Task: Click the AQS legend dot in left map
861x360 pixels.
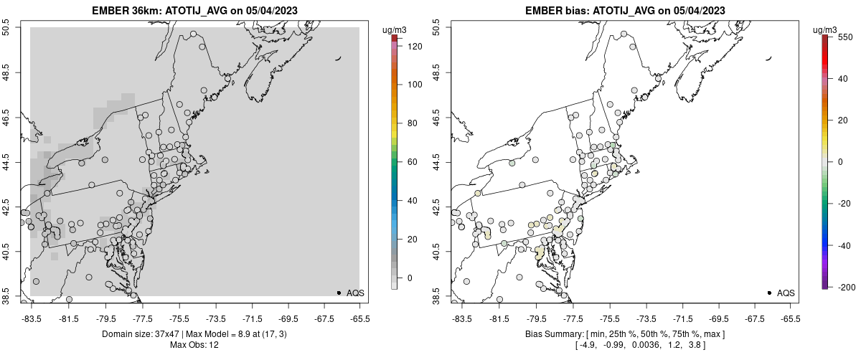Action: pos(339,293)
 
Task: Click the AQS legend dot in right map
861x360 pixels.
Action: pos(769,293)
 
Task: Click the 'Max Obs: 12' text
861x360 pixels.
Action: pos(194,345)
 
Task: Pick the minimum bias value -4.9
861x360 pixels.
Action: pos(588,346)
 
